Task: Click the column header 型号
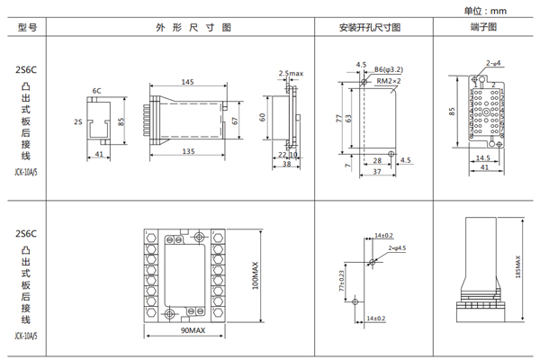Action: [26, 28]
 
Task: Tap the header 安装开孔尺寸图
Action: [370, 28]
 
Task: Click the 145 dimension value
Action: [187, 82]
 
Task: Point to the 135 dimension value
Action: [188, 152]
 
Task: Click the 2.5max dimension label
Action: [291, 73]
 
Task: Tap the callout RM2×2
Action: [390, 80]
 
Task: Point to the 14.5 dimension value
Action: [482, 157]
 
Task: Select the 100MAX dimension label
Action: [256, 272]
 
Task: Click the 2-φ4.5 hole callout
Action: [397, 247]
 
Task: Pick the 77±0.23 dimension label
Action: [341, 280]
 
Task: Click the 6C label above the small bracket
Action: [96, 91]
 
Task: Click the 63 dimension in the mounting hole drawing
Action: [349, 117]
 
